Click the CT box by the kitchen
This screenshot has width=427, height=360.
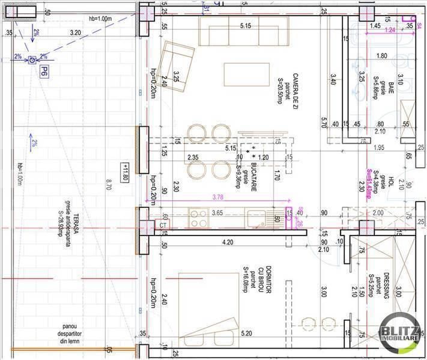click(163, 225)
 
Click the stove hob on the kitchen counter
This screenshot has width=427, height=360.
click(197, 218)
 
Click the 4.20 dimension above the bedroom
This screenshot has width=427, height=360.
click(228, 243)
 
